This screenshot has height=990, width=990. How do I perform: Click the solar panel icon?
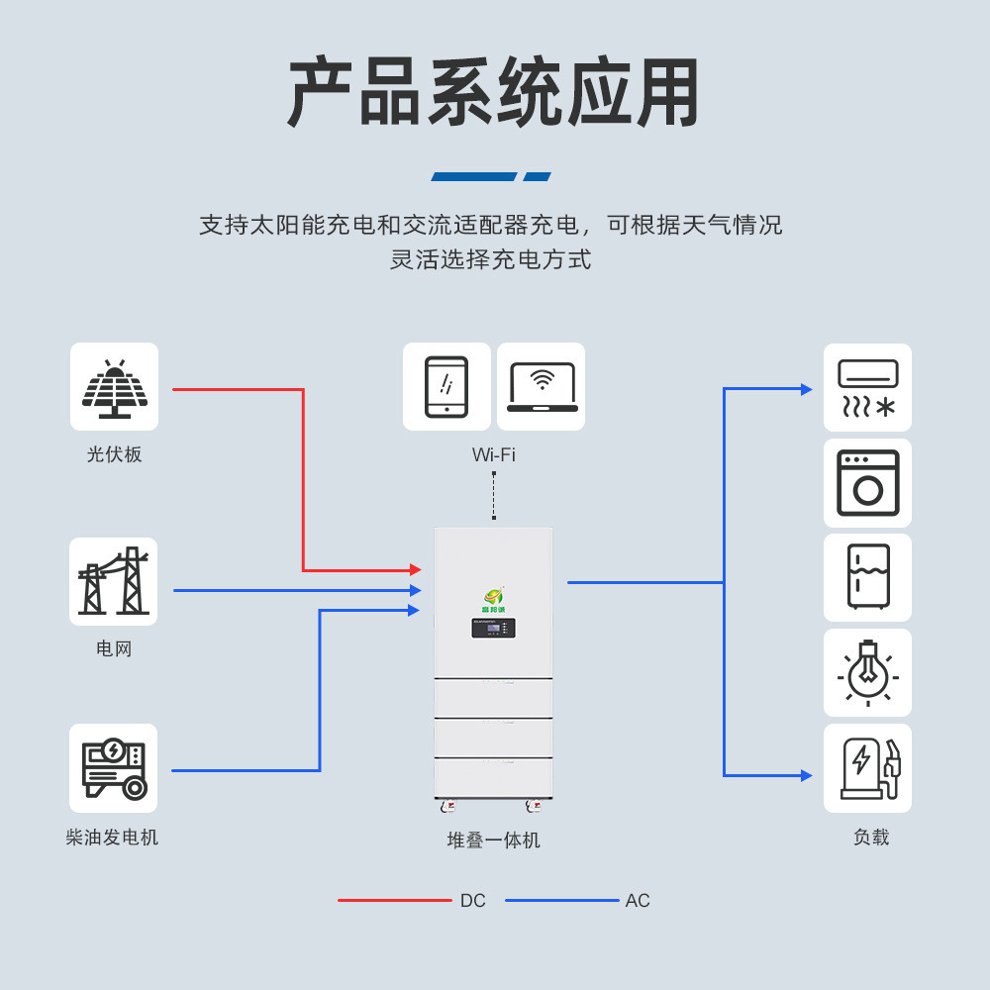point(114,387)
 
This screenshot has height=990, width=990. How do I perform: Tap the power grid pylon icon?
point(113,582)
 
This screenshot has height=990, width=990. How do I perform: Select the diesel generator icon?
point(113,768)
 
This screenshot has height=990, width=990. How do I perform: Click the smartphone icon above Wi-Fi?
point(446,386)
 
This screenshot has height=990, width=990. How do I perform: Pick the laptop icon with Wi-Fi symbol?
point(542,386)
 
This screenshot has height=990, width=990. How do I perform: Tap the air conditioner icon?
point(867,388)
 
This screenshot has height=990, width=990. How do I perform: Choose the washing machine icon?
point(867,483)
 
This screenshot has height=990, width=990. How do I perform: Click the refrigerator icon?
point(867,577)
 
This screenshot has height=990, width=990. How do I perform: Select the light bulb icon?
point(867,673)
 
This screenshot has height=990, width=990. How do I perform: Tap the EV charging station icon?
point(867,768)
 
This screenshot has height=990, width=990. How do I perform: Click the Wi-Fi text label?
point(493,455)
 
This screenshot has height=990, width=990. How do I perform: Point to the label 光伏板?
point(114,454)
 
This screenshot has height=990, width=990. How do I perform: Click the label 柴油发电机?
point(112,838)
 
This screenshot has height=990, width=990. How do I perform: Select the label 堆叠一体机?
point(493,841)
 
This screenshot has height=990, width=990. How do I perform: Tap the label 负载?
point(871,838)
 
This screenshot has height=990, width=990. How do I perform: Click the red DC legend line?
point(394,901)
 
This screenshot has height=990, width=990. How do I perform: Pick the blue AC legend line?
point(561,901)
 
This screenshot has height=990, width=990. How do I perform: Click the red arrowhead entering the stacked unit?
point(416,570)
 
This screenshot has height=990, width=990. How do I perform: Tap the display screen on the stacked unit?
point(493,628)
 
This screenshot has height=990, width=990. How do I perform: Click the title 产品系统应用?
point(494,93)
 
